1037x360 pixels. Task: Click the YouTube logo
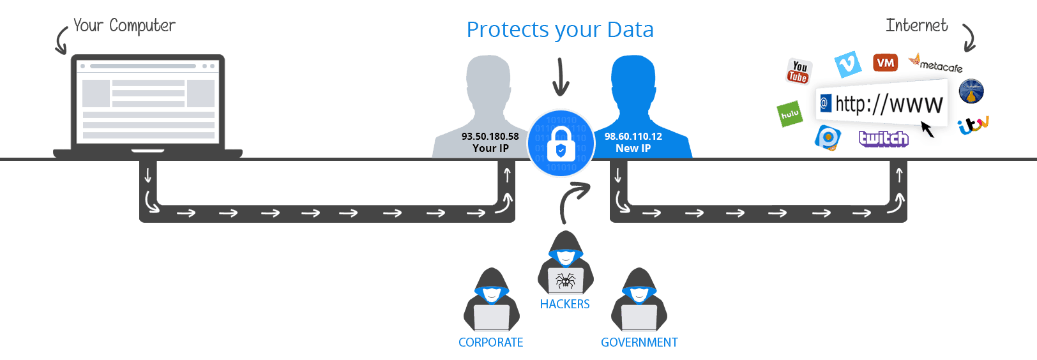798,71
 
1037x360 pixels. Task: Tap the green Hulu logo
790,114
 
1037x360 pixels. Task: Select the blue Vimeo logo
848,64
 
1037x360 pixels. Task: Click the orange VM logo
885,63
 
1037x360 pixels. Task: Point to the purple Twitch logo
884,139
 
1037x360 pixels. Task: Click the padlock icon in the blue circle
561,144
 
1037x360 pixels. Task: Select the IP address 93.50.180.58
490,136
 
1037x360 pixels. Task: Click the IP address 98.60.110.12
633,136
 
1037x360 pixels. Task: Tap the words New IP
633,148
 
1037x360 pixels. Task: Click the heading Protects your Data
560,29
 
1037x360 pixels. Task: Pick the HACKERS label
564,304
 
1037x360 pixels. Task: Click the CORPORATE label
490,342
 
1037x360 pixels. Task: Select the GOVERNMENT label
639,342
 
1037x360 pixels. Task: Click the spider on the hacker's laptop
566,280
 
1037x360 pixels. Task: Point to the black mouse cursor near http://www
927,130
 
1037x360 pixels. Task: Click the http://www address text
888,104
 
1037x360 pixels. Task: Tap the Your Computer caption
124,26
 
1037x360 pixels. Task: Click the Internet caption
918,26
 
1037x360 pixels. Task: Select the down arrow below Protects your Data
561,77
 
